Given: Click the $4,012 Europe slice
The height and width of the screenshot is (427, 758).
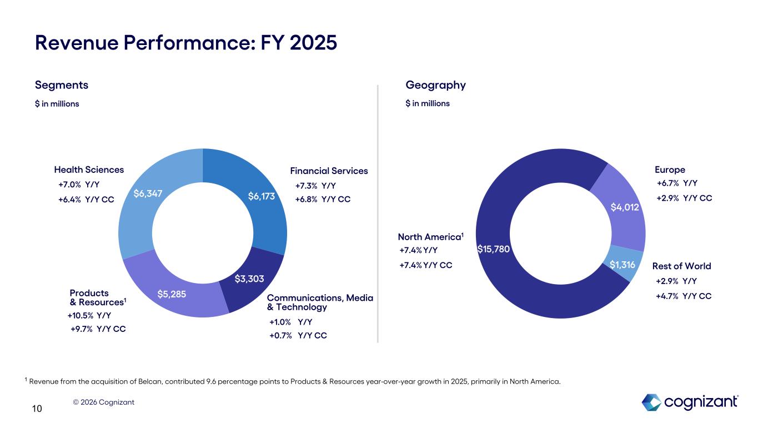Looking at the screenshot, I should pos(625,207).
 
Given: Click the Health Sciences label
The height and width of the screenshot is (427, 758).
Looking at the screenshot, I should pos(89,170).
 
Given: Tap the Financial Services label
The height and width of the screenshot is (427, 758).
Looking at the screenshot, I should pos(329,171).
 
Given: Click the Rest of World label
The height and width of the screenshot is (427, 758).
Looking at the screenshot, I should pos(681,266).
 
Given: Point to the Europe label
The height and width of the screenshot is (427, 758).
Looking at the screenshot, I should pos(670,170).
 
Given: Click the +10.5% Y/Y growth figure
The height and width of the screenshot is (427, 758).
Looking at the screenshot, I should pos(89,316).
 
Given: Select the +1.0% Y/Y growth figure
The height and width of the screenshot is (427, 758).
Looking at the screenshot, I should pos(290,322).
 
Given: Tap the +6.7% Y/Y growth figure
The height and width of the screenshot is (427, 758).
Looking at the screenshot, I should pos(676,183).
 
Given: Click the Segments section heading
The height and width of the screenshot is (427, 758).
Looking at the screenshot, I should pos(62,85).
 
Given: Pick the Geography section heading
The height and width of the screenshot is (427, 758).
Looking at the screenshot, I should pos(435,85).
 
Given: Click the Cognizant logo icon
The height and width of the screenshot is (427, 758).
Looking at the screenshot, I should pos(651,402).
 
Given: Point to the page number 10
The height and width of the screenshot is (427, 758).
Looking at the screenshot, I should pos(37,409).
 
